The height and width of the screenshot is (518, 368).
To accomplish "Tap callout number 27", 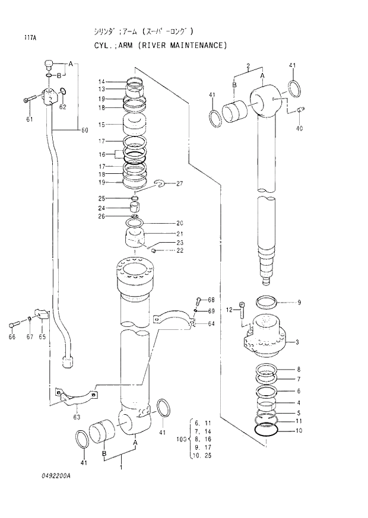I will [x=180, y=184].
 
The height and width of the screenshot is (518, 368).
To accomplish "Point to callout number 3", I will [x=297, y=342].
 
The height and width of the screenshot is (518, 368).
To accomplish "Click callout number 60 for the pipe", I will [x=84, y=130].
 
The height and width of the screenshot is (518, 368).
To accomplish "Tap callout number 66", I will [x=12, y=337].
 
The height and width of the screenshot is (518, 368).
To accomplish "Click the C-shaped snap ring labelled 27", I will [x=160, y=186].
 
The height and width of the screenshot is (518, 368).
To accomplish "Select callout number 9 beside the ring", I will [x=299, y=303].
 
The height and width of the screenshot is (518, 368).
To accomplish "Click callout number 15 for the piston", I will [x=101, y=125].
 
